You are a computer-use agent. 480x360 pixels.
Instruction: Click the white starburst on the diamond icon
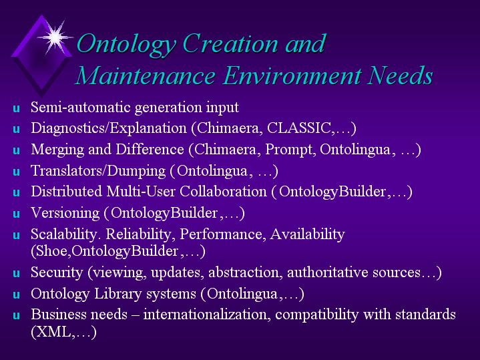(x=55, y=37)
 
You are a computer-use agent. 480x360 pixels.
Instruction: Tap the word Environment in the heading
(x=292, y=75)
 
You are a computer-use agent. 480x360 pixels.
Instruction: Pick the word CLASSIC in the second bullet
(x=299, y=128)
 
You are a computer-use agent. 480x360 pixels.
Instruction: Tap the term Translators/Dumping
(x=98, y=171)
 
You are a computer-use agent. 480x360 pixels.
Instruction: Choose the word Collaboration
(x=223, y=192)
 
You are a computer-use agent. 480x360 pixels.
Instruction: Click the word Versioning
(x=65, y=213)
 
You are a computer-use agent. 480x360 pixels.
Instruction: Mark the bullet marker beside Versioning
(x=17, y=214)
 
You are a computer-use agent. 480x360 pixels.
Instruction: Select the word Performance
(x=221, y=234)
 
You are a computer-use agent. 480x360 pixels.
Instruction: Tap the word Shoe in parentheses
(x=53, y=251)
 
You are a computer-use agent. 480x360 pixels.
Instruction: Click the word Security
(x=57, y=273)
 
